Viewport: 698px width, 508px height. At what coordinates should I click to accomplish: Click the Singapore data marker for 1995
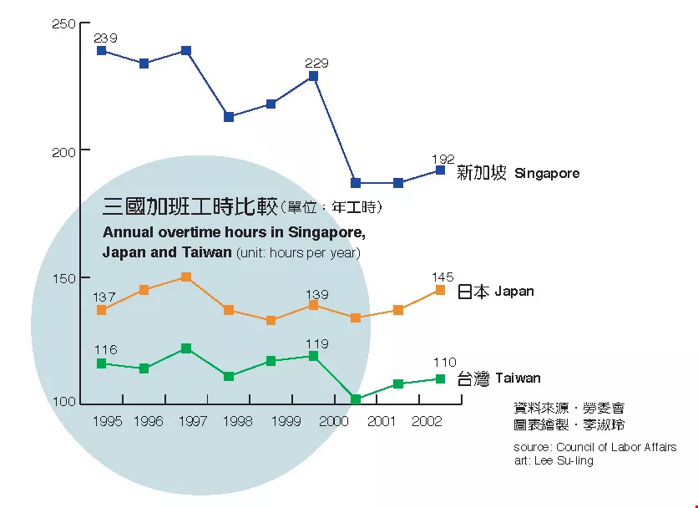point(102,51)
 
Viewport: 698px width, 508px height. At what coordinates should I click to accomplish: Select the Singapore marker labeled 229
point(313,76)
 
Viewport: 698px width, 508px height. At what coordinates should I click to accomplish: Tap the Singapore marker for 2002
point(441,170)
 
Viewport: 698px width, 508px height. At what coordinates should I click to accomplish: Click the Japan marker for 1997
point(186,277)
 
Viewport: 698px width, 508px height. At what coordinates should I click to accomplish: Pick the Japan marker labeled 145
point(441,290)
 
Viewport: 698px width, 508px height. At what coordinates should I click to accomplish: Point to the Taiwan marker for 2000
point(356,399)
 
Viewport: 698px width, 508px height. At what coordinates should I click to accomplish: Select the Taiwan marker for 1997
point(186,348)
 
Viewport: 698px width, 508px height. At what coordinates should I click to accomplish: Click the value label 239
point(105,38)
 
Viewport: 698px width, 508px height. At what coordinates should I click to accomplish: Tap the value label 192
point(443,158)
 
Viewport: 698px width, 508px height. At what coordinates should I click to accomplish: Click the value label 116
point(105,349)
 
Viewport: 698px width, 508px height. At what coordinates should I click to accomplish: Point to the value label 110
point(444,363)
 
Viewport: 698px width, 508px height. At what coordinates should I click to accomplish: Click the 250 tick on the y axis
point(63,24)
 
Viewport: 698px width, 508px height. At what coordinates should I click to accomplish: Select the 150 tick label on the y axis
point(63,278)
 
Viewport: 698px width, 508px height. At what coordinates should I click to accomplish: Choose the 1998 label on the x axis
point(238,422)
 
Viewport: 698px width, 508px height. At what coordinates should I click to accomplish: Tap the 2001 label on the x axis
point(382,422)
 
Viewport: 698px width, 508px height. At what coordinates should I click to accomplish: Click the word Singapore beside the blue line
point(547,174)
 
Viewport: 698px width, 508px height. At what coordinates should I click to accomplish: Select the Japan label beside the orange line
point(514,292)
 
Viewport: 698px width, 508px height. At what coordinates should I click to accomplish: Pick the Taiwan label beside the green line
point(518,378)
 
